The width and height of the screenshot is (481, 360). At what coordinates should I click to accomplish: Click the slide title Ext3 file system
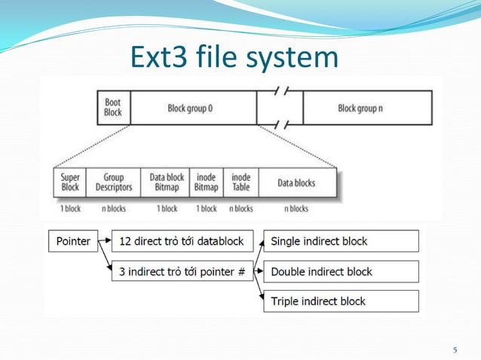coord(234,57)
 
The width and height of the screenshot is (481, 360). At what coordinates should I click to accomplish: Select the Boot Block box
coord(113,108)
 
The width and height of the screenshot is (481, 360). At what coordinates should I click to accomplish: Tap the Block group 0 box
coord(191,108)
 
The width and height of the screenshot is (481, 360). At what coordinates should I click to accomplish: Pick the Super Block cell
coord(70,183)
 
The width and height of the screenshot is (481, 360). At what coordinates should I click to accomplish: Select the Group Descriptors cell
coord(114,183)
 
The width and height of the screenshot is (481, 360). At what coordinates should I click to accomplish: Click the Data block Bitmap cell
coord(167,183)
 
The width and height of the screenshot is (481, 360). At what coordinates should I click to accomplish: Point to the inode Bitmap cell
coord(206,183)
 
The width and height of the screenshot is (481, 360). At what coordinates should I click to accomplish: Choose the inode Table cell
coord(240,183)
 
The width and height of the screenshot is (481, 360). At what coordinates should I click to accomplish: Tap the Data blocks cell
coord(296,183)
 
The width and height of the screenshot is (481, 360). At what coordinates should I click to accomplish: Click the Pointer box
coord(72,242)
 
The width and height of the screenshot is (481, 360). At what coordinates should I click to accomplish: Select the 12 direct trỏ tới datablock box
coord(182,242)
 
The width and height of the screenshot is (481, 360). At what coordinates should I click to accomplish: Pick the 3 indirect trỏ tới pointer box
coord(182,271)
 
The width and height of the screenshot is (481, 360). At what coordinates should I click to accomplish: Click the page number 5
coord(455,349)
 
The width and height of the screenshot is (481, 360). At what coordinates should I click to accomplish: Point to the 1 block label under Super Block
coord(70,209)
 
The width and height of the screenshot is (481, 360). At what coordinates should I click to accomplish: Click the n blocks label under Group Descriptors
coord(114,209)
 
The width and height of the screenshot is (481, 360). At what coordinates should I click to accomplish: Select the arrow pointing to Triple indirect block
coord(259,290)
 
